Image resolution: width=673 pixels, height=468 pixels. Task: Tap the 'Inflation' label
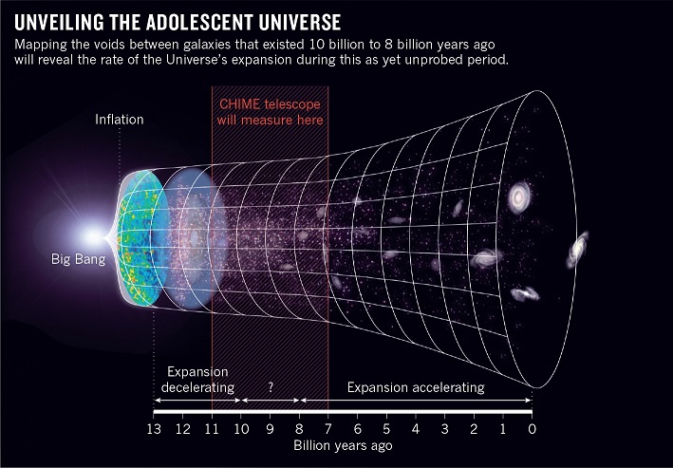pos(121,120)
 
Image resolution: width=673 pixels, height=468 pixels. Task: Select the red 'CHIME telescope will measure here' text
pos(271,112)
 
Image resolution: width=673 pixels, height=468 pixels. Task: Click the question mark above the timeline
pos(270,388)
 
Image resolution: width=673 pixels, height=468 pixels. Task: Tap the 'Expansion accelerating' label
pos(415,388)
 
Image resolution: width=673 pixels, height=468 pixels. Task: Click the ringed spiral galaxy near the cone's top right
pos(520,197)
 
